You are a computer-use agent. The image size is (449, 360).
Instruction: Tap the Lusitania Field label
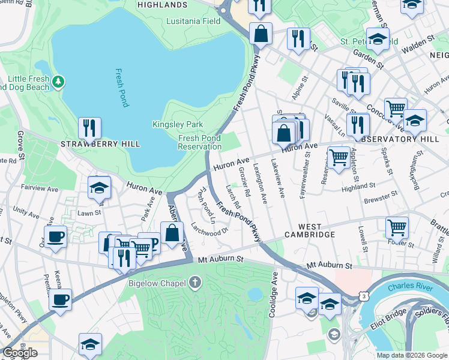click(x=194, y=21)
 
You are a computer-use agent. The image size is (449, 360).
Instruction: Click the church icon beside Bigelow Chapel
click(x=195, y=282)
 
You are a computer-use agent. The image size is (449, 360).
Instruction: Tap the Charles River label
click(x=410, y=288)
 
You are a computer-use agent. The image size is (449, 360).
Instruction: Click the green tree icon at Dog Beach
click(x=58, y=80)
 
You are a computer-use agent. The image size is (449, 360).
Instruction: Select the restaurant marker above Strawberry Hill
click(x=89, y=128)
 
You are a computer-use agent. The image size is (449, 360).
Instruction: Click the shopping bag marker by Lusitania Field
click(x=261, y=34)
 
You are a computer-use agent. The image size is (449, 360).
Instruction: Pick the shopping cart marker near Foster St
click(x=397, y=228)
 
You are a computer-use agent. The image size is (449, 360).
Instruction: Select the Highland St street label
click(x=358, y=187)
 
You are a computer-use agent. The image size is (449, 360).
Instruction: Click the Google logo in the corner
click(x=20, y=353)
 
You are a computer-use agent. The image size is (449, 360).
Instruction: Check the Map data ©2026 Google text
click(x=412, y=355)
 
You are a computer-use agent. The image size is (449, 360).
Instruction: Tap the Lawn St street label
click(x=89, y=212)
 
